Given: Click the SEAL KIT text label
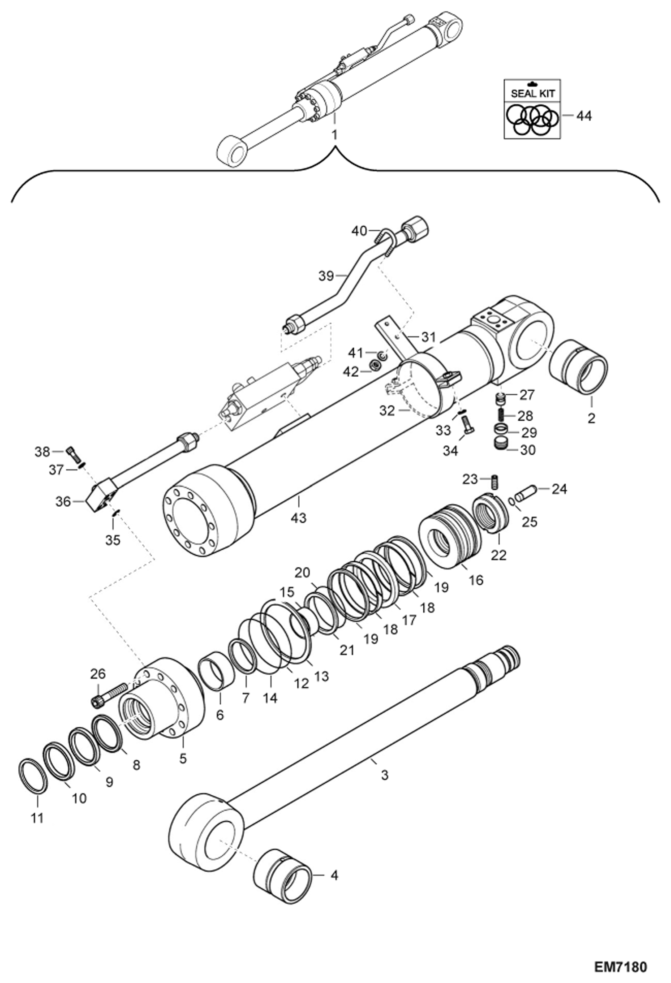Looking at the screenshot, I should click(x=532, y=93).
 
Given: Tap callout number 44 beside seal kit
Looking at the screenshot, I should click(x=584, y=116).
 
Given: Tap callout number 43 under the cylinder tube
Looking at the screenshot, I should click(x=298, y=517).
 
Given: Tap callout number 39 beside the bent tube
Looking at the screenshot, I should click(x=326, y=276).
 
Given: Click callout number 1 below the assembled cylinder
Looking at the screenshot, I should click(x=334, y=134).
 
